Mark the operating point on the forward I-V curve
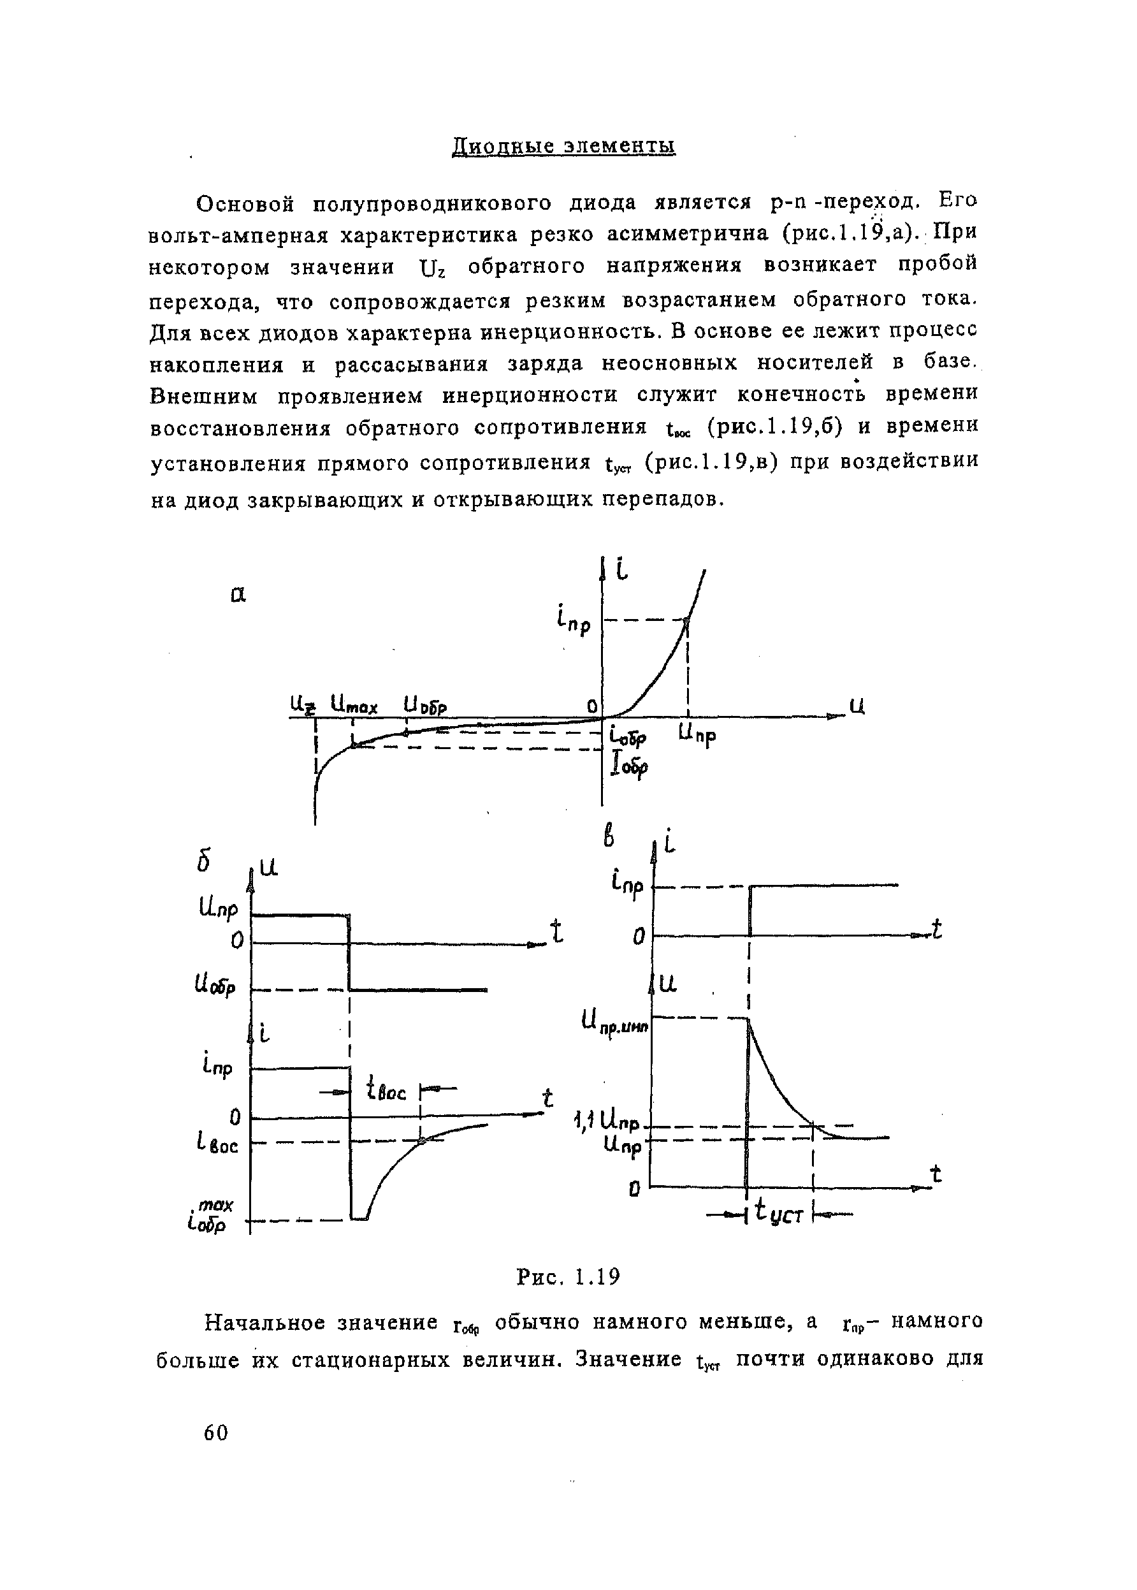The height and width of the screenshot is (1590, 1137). tap(687, 620)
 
